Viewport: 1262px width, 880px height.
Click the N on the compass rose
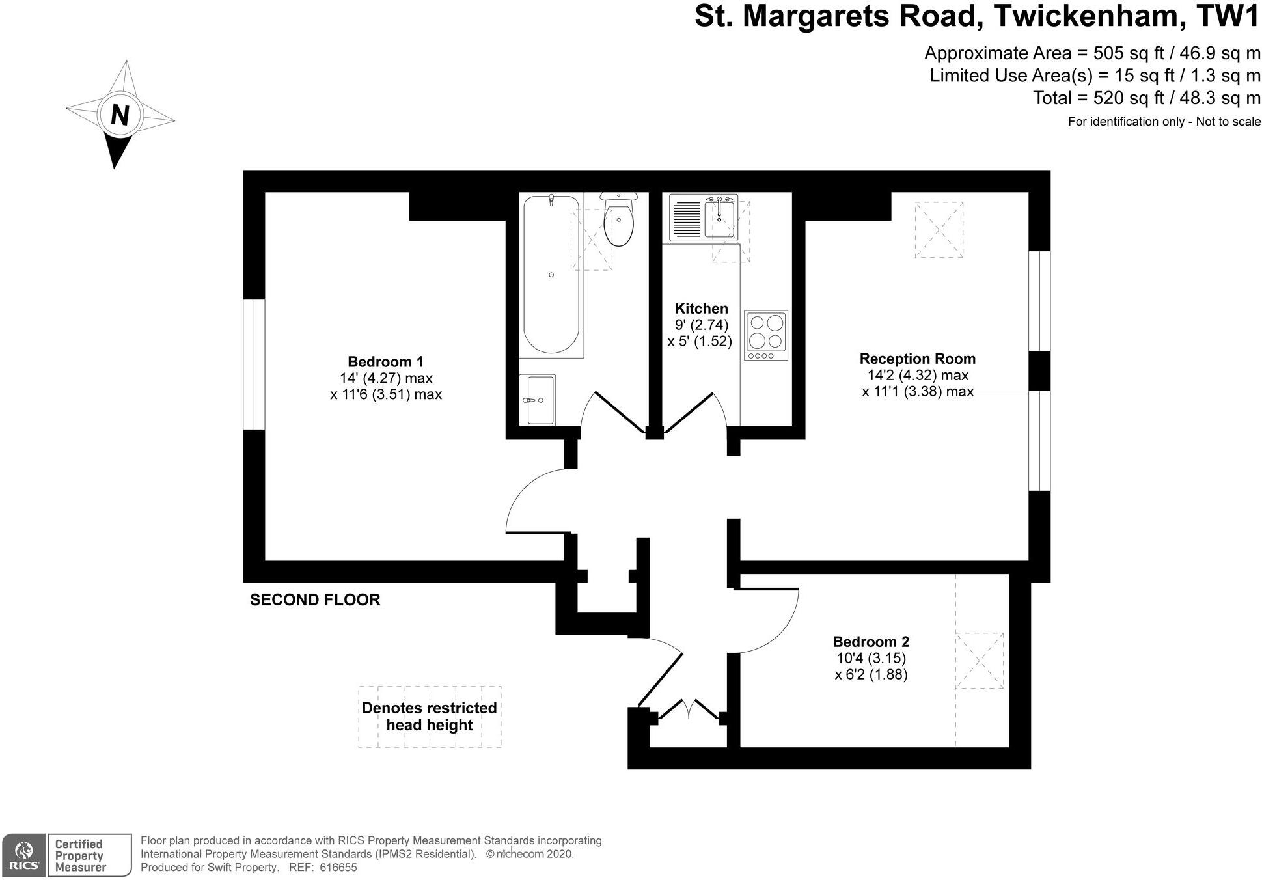[x=120, y=115]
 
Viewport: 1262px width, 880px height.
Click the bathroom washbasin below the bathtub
[x=538, y=399]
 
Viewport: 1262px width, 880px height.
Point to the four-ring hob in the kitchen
[x=766, y=335]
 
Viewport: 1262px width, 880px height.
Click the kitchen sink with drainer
[x=704, y=217]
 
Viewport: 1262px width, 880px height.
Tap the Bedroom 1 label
[x=385, y=362]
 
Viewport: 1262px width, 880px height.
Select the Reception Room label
[x=917, y=359]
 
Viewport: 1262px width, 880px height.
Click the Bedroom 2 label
[x=871, y=642]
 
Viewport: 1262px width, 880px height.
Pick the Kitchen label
[x=701, y=309]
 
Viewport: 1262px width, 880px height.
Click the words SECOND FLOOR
[x=315, y=600]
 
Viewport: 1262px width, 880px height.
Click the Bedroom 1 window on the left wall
[x=254, y=364]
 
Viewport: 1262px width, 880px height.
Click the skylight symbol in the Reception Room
[x=939, y=230]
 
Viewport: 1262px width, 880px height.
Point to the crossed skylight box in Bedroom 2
[x=979, y=661]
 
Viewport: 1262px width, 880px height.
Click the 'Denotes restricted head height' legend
[x=430, y=716]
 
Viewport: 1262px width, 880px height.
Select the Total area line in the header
[x=1146, y=98]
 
